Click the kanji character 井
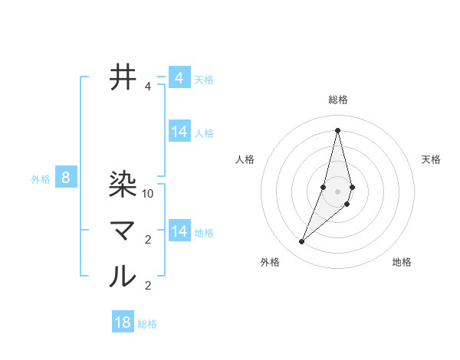[x=123, y=77]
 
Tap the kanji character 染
[x=123, y=184]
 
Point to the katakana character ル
[x=123, y=276]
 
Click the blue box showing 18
[x=123, y=322]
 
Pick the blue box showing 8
[x=66, y=178]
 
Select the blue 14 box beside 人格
[x=179, y=132]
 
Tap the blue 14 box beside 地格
[x=179, y=231]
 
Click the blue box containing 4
[x=179, y=78]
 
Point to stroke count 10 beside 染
[x=149, y=194]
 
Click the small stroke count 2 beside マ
[x=148, y=240]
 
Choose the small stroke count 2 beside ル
[x=148, y=286]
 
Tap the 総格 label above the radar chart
[x=338, y=100]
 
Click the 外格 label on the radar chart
[x=270, y=262]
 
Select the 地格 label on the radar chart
[x=402, y=262]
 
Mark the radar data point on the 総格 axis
[x=338, y=129]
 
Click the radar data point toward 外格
[x=302, y=242]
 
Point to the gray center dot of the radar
[x=338, y=191]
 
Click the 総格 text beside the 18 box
[x=147, y=324]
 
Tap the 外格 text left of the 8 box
[x=41, y=179]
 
